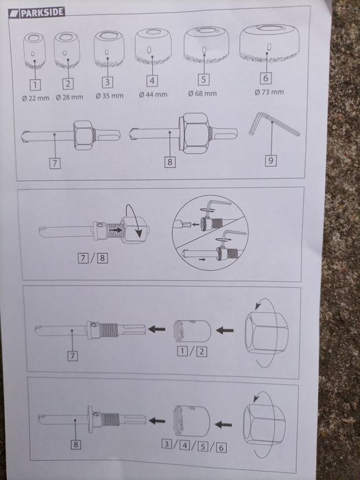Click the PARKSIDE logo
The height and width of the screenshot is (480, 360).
point(36,12)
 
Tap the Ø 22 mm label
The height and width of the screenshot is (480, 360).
point(36,98)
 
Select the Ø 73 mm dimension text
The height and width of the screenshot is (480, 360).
point(269,92)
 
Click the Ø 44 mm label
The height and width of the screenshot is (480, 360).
point(153,95)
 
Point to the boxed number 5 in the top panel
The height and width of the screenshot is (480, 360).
point(204,80)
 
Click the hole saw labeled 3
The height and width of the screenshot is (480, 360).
point(109,49)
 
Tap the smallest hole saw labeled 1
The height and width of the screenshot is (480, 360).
point(34,51)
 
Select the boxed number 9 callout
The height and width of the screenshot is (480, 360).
point(271,160)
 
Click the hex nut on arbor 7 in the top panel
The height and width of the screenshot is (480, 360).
point(84,135)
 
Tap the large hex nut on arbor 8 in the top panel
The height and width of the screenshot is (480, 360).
point(195,133)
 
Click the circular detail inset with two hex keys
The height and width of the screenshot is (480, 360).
point(210,233)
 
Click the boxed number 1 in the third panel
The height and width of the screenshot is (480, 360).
point(182,351)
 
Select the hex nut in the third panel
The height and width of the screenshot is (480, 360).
point(266,333)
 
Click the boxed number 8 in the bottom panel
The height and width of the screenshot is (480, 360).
point(75,444)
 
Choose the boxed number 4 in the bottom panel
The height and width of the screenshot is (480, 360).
point(184,445)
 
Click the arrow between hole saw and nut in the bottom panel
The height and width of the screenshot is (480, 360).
point(223,424)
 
